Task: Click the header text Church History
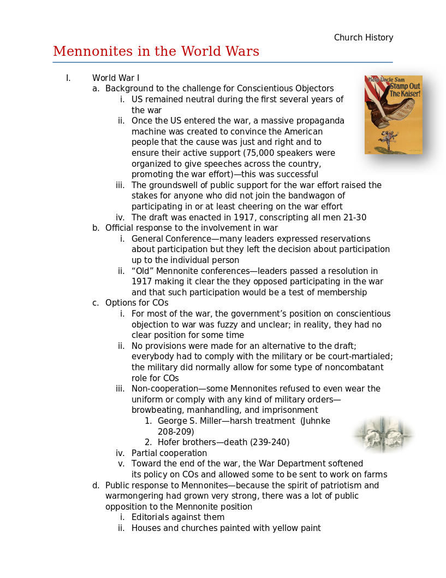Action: (364, 38)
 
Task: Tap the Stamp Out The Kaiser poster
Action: (393, 115)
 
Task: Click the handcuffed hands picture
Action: (383, 435)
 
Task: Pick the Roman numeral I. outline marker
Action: (68, 78)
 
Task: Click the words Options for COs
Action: (136, 303)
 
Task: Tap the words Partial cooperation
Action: (169, 453)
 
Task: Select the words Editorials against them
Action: (178, 517)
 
